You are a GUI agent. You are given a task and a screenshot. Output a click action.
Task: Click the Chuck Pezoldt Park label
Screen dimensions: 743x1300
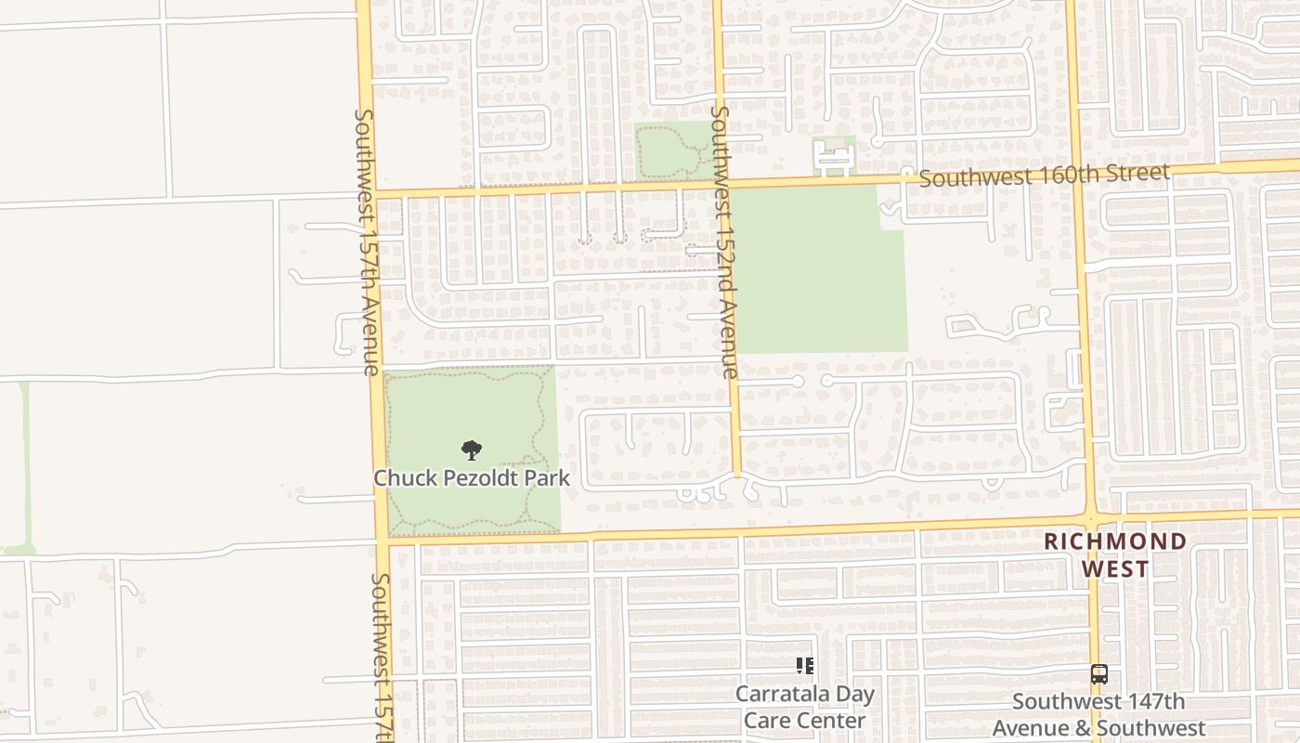[471, 478]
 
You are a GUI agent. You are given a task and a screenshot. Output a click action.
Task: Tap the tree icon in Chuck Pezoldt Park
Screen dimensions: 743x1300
[472, 450]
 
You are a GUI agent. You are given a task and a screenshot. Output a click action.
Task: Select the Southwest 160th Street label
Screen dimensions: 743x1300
[1044, 175]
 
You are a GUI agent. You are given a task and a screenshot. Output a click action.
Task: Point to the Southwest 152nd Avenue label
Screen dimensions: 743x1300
[723, 241]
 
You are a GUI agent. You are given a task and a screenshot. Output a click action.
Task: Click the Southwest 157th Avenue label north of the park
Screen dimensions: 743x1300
[366, 241]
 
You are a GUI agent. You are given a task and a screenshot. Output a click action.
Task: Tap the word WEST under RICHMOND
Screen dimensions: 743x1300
[1114, 568]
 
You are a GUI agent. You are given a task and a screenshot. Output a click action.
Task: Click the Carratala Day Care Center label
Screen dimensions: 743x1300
[804, 707]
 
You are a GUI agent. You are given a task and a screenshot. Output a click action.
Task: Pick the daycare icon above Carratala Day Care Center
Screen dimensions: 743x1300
[804, 665]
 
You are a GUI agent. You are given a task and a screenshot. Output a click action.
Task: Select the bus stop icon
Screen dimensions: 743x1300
[1098, 674]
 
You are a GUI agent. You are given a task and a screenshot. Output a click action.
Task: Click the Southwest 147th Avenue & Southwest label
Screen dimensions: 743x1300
[1098, 714]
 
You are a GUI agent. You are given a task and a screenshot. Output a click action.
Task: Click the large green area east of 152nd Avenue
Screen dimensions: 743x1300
[817, 269]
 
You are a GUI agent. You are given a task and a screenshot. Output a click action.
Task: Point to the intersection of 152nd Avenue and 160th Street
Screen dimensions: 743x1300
[721, 183]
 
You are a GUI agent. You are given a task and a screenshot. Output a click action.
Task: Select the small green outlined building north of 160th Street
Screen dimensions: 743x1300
[833, 156]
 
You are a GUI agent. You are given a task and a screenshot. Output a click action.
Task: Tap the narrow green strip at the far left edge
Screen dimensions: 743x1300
[24, 464]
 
